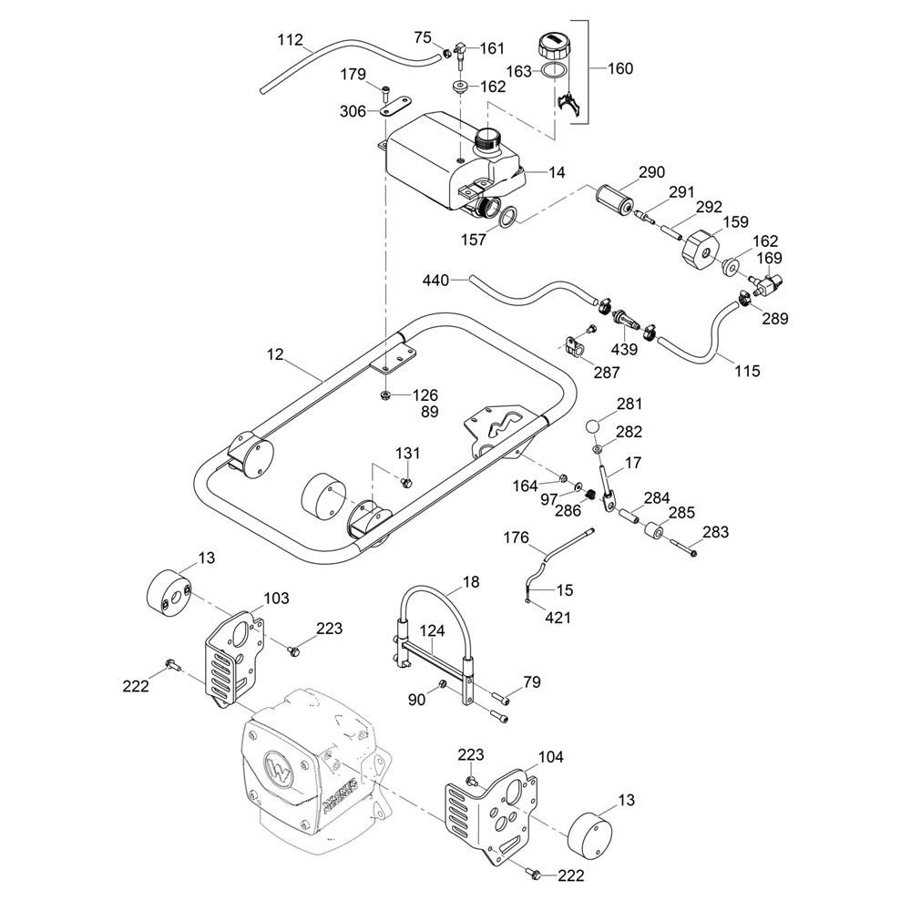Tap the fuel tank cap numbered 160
(x=552, y=45)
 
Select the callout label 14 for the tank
(x=557, y=172)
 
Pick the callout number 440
(x=436, y=281)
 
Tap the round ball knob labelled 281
(x=593, y=425)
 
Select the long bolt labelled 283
(x=681, y=547)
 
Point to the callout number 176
(x=517, y=538)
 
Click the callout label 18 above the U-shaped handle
(x=470, y=582)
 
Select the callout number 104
(x=551, y=756)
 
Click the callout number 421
(x=558, y=618)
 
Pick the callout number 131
(x=407, y=453)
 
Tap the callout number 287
(x=607, y=372)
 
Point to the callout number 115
(x=746, y=371)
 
